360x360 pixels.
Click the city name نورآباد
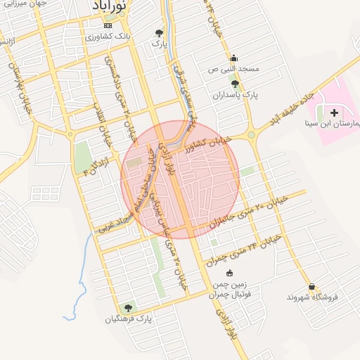tap(110, 6)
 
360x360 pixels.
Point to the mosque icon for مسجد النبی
tap(233, 58)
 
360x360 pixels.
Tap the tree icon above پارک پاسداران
tap(234, 83)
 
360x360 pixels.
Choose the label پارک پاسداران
tap(234, 94)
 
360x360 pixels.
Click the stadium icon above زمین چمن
tap(229, 273)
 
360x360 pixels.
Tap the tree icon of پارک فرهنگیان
tap(128, 308)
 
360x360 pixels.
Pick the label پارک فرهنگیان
tap(128, 320)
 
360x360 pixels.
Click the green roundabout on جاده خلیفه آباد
tap(250, 134)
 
